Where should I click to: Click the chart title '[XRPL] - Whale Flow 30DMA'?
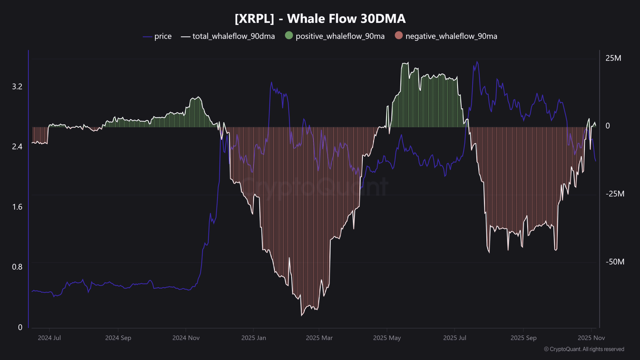tap(320, 19)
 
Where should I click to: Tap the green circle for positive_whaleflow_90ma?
tap(289, 36)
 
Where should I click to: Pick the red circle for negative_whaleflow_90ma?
tap(398, 36)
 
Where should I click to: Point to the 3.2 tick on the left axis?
tap(17, 86)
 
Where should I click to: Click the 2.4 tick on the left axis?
tap(17, 146)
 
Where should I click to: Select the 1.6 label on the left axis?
tap(17, 207)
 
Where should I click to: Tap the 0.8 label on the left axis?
tap(17, 267)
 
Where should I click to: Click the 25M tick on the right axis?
tap(613, 58)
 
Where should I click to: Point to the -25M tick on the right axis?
tap(615, 194)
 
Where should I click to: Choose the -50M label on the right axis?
tap(615, 262)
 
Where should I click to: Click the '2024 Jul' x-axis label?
tap(49, 338)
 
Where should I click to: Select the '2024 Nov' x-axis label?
tap(186, 338)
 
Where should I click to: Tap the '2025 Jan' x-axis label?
tap(254, 338)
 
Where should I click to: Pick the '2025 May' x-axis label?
tap(387, 338)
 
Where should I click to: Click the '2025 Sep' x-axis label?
tap(524, 338)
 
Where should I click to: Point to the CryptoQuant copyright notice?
tap(584, 349)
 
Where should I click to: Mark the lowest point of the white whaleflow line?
tap(302, 316)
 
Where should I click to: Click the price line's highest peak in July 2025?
tap(477, 62)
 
